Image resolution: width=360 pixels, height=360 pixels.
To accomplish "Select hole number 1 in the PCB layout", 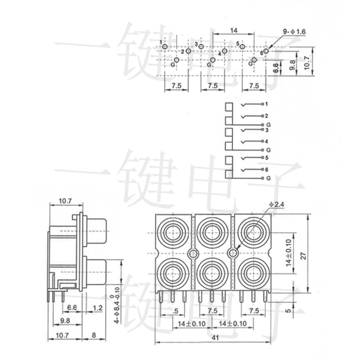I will (x=165, y=46).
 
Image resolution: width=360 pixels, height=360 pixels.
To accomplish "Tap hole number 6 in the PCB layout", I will (x=266, y=51).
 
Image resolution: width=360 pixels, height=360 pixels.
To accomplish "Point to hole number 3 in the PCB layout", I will (x=201, y=46).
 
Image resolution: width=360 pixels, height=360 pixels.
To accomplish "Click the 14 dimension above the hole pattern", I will (x=233, y=30).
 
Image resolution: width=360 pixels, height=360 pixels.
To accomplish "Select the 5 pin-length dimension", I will (x=301, y=310).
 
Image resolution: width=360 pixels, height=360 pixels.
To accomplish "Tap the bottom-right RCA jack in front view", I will (x=251, y=273).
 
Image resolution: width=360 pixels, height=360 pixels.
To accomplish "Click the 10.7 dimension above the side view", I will (x=65, y=202).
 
